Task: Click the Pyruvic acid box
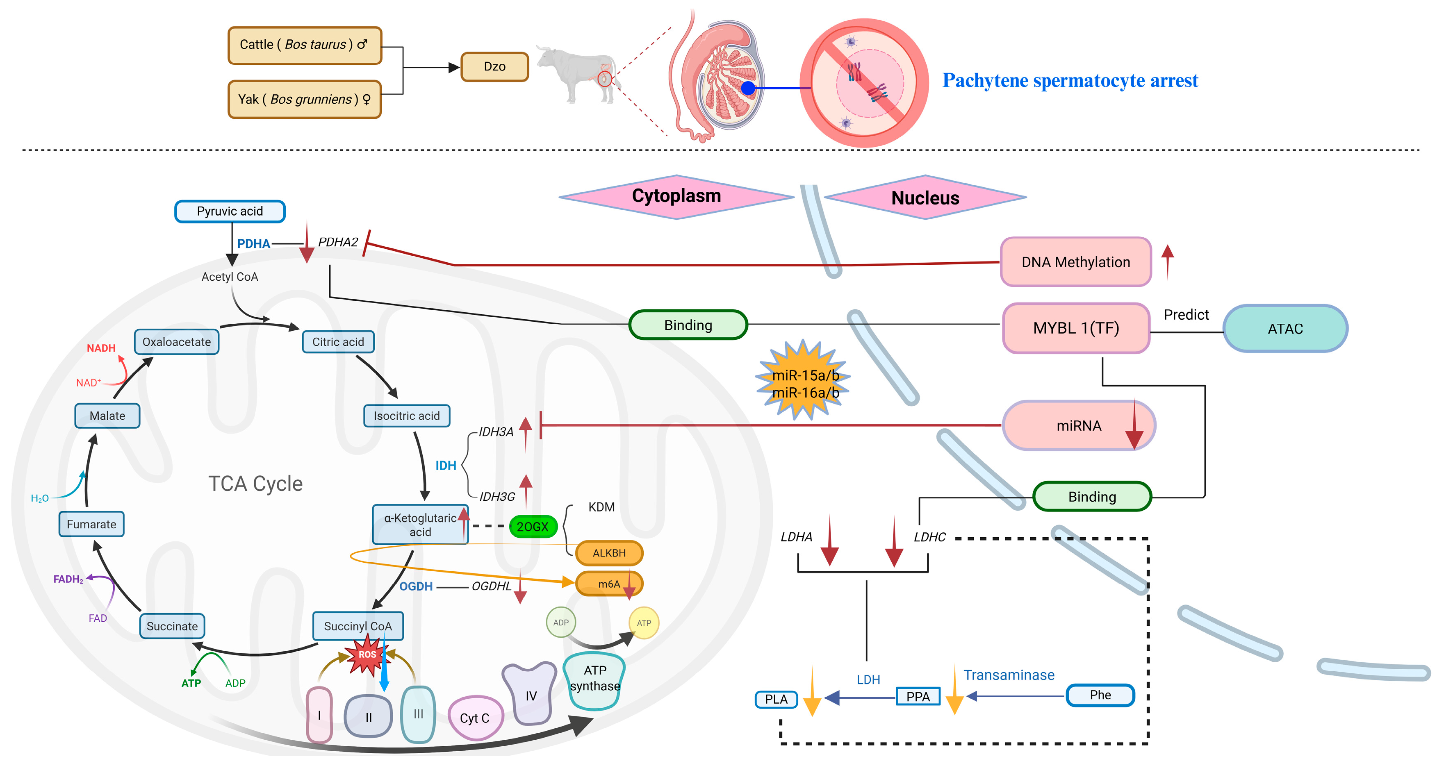coord(230,211)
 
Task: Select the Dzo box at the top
coord(494,66)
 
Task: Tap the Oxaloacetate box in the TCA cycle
coord(176,342)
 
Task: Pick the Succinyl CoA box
coord(358,626)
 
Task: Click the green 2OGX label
coord(533,527)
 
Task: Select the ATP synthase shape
coord(594,679)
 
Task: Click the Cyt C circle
coord(475,718)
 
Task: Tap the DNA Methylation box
coord(1075,262)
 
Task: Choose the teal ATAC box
coord(1285,329)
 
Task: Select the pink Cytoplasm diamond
coord(676,196)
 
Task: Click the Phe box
coord(1100,695)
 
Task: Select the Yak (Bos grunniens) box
coord(305,99)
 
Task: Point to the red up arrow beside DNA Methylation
coord(1168,261)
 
